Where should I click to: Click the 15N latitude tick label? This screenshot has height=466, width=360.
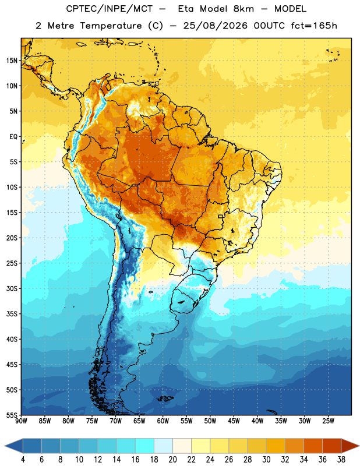[12, 61]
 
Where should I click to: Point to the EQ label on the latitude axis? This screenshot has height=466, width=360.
[13, 137]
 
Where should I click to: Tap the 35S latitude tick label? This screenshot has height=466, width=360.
[12, 314]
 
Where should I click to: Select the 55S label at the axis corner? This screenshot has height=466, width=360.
[12, 415]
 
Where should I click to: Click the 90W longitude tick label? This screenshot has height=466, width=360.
[21, 421]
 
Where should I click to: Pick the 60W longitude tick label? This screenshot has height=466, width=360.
[163, 421]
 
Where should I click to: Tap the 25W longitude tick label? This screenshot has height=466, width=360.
[328, 421]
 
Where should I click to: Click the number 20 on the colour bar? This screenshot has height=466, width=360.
[172, 460]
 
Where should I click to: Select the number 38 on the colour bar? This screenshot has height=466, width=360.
[341, 460]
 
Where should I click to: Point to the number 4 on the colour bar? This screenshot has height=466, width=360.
[23, 460]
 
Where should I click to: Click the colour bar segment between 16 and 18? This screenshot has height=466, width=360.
[145, 446]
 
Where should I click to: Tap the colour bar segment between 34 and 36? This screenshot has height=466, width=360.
[313, 446]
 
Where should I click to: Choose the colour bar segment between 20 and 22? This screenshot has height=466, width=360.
[182, 446]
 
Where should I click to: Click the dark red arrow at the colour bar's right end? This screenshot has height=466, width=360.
[350, 446]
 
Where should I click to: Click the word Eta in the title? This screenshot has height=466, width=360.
[186, 9]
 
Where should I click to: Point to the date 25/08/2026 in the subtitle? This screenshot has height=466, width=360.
[215, 26]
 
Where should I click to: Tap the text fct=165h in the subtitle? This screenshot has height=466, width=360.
[314, 26]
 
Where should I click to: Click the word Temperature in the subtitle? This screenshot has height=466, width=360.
[111, 26]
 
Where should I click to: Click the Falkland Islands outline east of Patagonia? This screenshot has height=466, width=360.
[165, 398]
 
